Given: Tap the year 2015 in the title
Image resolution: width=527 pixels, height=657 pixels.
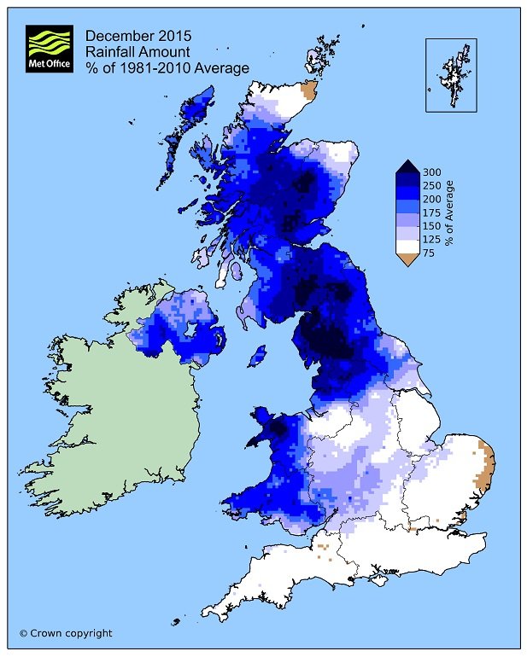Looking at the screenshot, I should click(173, 36).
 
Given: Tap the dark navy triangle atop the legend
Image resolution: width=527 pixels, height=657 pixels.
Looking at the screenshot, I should click(406, 167).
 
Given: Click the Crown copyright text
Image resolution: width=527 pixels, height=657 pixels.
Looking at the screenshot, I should click(66, 633).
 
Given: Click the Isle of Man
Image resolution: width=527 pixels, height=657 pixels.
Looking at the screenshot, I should click(255, 357).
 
